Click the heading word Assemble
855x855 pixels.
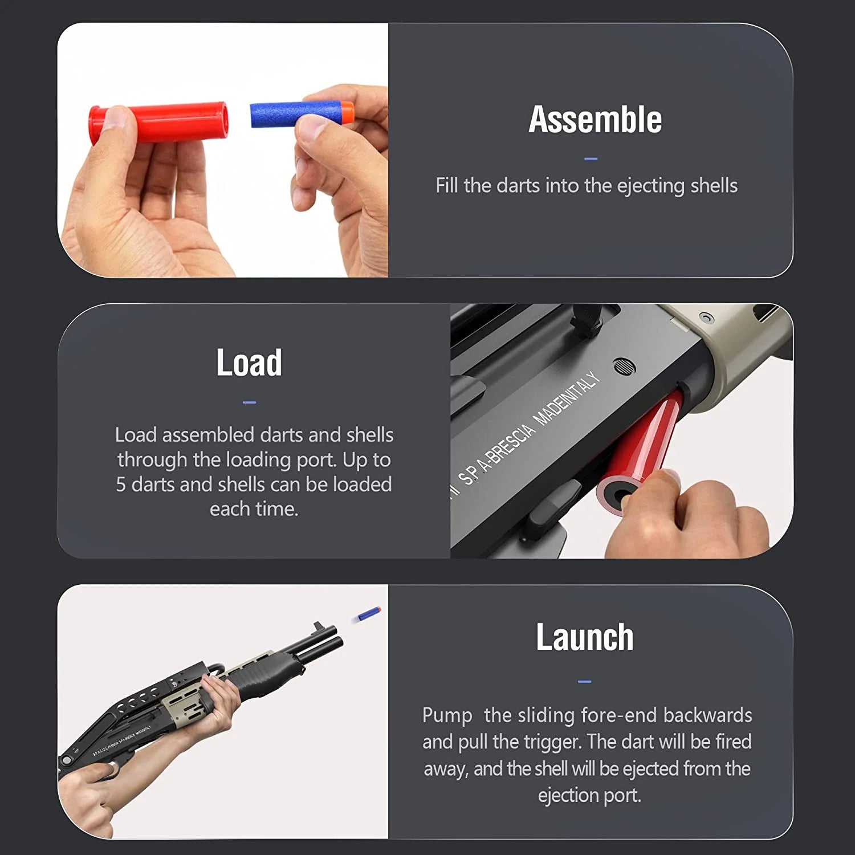[595, 120]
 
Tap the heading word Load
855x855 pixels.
[249, 363]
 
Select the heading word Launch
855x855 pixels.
[584, 637]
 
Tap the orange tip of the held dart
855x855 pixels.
[347, 112]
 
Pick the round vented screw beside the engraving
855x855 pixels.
[625, 366]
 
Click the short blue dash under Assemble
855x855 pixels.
[591, 159]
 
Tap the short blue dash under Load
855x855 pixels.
[249, 402]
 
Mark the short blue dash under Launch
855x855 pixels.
[584, 681]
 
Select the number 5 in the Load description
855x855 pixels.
[121, 484]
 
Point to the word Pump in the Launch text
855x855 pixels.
[447, 715]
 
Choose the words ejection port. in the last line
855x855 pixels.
[589, 795]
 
